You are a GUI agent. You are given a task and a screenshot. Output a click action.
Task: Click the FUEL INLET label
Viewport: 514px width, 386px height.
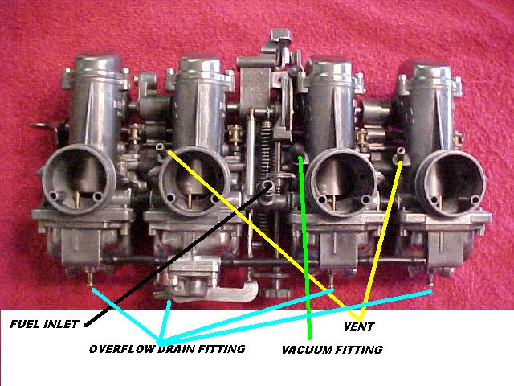click(x=44, y=324)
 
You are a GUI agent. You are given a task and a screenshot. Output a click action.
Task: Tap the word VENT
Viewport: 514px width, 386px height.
click(x=359, y=326)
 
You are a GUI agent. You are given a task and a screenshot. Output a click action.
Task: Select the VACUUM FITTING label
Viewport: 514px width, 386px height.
click(x=332, y=350)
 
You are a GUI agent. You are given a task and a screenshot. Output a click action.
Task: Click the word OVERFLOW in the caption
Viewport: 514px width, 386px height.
click(x=121, y=349)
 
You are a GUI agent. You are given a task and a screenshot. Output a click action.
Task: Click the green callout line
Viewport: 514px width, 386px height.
click(x=305, y=248)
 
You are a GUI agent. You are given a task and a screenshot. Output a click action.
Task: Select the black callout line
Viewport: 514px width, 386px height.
click(x=177, y=255)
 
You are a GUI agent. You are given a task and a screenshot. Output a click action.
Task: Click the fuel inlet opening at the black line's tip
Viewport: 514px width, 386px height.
click(x=268, y=186)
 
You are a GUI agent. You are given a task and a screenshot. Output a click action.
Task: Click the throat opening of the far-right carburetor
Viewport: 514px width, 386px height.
click(x=451, y=183)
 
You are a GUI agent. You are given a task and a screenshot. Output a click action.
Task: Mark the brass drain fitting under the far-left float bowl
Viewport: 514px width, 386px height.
click(x=89, y=277)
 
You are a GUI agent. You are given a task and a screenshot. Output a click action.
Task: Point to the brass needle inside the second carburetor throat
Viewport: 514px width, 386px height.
click(x=190, y=200)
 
